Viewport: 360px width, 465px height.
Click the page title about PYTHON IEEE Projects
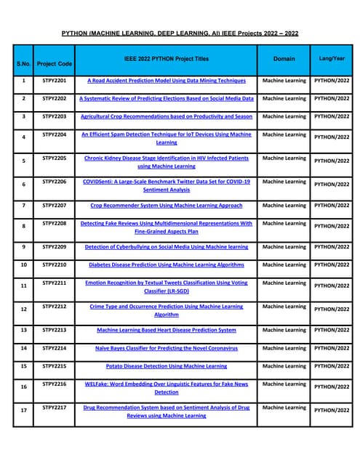point(180,33)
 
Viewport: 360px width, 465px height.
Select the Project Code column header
point(55,64)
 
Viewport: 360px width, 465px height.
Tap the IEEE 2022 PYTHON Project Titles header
point(166,58)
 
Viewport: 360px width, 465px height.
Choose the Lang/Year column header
point(332,58)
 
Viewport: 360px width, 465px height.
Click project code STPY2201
point(55,81)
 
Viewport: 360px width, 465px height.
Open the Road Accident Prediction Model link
point(166,81)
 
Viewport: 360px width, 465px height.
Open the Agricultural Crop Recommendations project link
point(166,116)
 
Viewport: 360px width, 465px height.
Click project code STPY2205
point(55,158)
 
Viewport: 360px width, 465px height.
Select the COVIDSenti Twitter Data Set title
point(166,185)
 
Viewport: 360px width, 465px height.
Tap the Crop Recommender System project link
point(166,206)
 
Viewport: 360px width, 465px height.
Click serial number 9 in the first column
point(23,247)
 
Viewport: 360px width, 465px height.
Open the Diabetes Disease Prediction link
point(166,265)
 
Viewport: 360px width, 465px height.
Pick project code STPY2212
point(55,307)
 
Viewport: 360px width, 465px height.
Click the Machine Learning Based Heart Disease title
point(166,330)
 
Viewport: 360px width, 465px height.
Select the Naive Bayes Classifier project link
point(166,348)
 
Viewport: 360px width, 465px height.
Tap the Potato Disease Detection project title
point(166,366)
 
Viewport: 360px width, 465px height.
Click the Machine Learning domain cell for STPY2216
point(284,384)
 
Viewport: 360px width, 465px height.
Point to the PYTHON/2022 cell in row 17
point(332,411)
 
